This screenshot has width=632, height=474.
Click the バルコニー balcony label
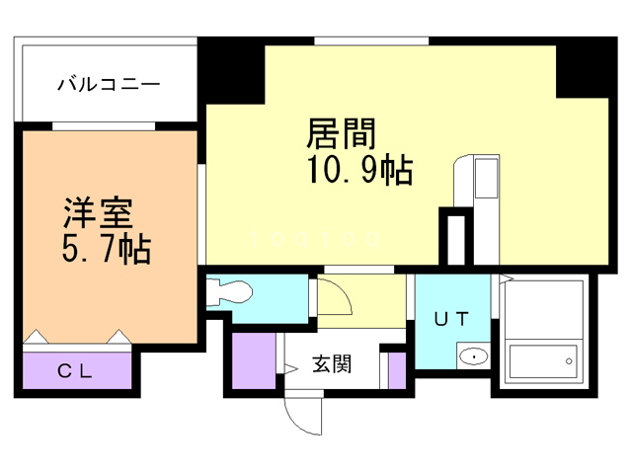[108, 84]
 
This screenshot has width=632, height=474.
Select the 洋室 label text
[98, 213]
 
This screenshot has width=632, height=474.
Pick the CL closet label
[75, 372]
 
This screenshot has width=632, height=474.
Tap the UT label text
[451, 318]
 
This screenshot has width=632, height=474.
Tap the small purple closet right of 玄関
[397, 368]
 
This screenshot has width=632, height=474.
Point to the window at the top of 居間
[371, 39]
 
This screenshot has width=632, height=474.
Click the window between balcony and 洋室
[104, 125]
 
